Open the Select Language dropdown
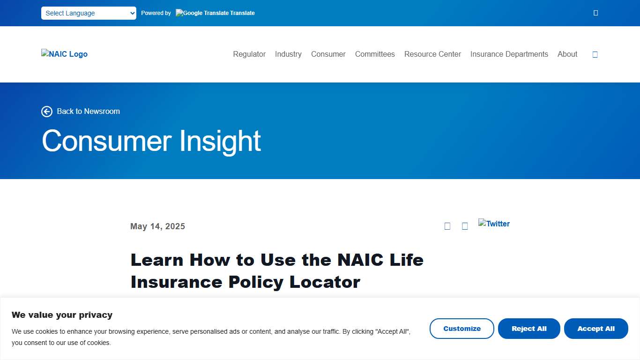pos(89,13)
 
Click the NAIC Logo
pos(64,54)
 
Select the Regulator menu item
pos(249,54)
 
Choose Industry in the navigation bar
pos(288,54)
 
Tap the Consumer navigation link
pos(328,54)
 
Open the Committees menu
pos(375,54)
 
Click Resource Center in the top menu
pos(432,54)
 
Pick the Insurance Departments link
pos(509,54)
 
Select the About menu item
pos(567,54)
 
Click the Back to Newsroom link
pos(88,112)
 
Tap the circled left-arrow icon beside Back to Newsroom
pos(47,112)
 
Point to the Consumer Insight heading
pos(151,141)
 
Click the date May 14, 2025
pos(157,226)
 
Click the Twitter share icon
pos(494,224)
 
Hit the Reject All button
pos(529,329)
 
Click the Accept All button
pos(596,329)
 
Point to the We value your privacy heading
pos(62,315)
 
